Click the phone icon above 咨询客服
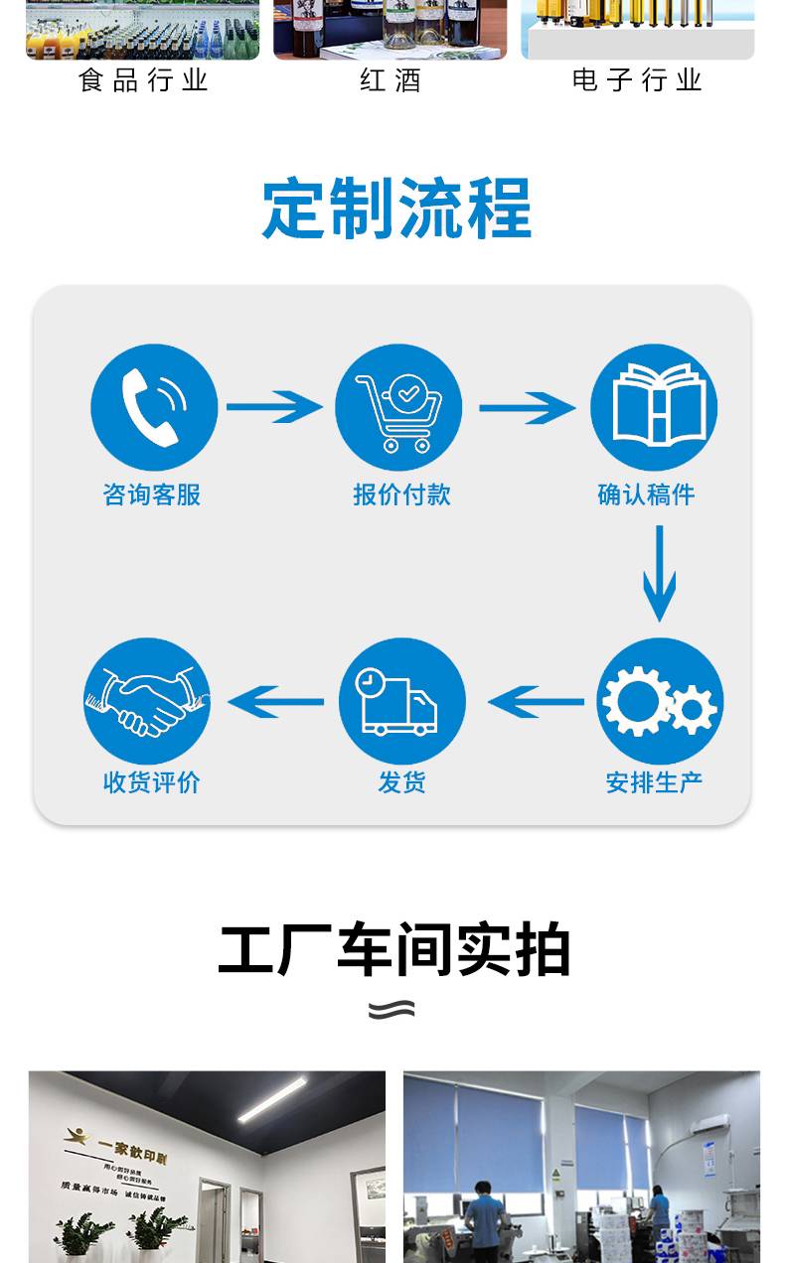(154, 407)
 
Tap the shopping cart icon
(398, 407)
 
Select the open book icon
(653, 407)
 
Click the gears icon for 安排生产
(659, 701)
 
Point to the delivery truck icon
(401, 701)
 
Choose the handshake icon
(147, 701)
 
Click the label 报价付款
(401, 494)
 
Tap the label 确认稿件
(646, 494)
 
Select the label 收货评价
(152, 782)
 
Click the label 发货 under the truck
(401, 782)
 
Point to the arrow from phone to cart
(274, 407)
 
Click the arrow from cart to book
(527, 407)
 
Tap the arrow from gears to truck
(537, 702)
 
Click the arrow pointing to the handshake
(276, 702)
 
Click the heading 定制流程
(396, 209)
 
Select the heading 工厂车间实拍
(393, 950)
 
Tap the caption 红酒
(391, 80)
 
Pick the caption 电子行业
(637, 80)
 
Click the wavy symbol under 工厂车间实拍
(392, 1010)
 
